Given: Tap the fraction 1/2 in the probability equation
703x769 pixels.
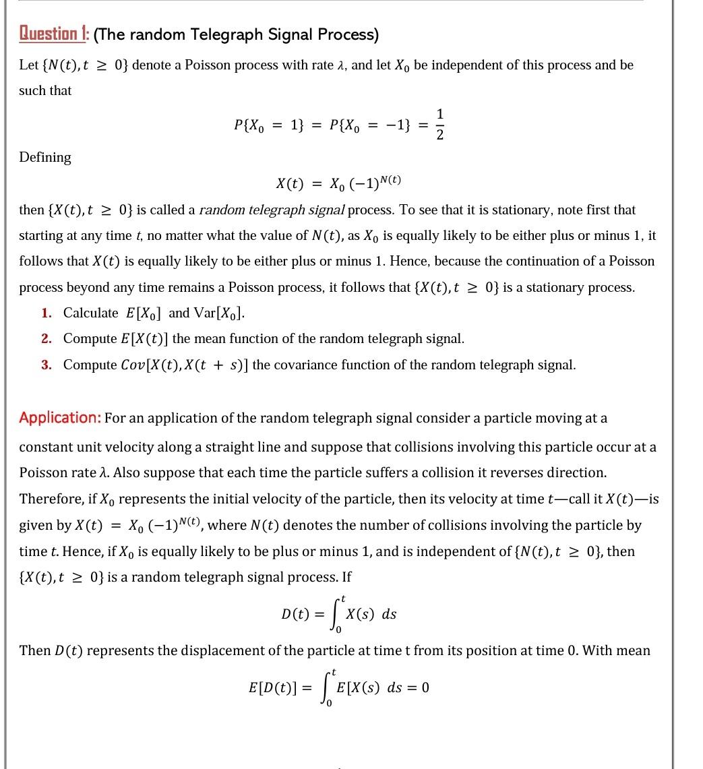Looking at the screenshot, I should pos(440,125).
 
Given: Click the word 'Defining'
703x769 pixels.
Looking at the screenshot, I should pos(45,157).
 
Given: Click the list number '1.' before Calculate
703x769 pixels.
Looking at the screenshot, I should pos(47,313).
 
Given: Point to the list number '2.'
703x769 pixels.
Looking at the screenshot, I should pos(47,338).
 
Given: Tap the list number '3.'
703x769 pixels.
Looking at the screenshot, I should pos(47,365).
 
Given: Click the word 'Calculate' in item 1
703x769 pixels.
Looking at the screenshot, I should pos(91,313).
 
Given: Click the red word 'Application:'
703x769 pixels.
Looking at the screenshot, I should pos(60,418).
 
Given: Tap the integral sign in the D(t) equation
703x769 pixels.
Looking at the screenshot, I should pos(338,614).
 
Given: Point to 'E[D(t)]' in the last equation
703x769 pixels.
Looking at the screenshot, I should pos(272,687).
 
